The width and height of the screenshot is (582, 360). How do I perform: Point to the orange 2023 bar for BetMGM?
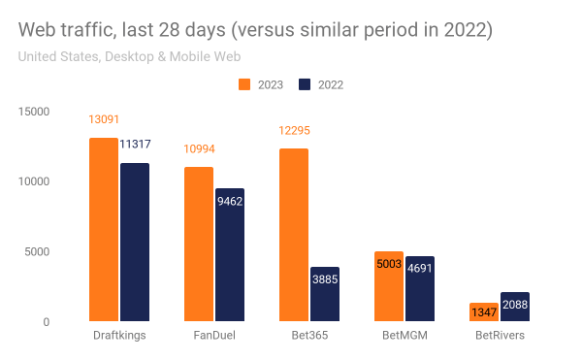(x=388, y=286)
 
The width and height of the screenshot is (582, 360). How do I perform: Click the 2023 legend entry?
(x=261, y=84)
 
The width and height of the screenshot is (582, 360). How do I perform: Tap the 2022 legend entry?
(x=320, y=84)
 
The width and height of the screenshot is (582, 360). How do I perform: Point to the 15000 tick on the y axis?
(x=35, y=112)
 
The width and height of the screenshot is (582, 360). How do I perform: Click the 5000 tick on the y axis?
(x=38, y=252)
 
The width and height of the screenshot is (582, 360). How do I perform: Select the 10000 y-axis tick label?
(x=35, y=181)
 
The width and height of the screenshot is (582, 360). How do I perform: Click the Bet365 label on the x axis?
(x=308, y=335)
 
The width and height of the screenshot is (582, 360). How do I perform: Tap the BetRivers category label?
(x=499, y=335)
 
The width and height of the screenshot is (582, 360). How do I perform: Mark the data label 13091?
(x=104, y=121)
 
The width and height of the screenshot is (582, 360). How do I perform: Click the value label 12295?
(x=294, y=131)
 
